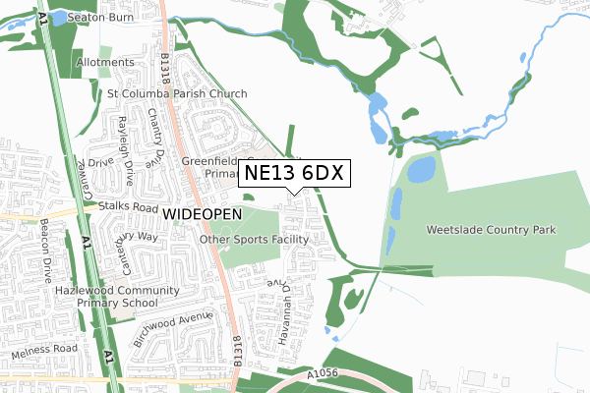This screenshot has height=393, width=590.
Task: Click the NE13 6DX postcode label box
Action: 292,173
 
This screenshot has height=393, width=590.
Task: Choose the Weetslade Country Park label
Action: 492,230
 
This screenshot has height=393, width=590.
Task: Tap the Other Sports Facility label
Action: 254,239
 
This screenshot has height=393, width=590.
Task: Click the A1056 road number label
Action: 324,373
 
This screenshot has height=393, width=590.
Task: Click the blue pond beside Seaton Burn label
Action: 58,18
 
